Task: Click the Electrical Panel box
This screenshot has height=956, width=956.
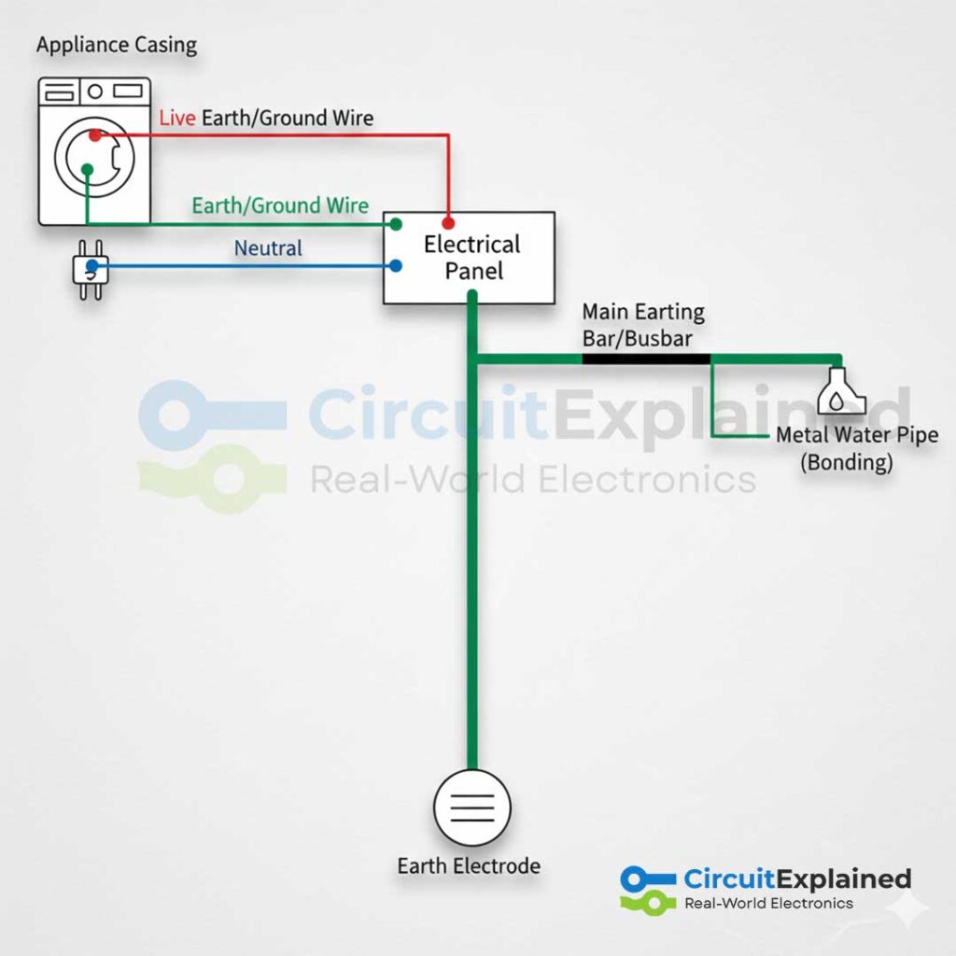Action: click(470, 258)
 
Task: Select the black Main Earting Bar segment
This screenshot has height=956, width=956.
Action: click(645, 358)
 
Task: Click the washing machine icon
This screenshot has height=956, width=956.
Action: click(94, 151)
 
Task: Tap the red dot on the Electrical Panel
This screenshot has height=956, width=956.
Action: click(448, 224)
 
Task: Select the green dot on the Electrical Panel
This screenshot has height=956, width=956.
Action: click(396, 224)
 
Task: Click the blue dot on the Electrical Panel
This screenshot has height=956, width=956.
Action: click(396, 266)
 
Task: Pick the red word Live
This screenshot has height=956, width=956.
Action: click(177, 119)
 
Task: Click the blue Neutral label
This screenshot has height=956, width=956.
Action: click(268, 248)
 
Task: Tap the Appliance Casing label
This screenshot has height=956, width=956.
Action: click(117, 45)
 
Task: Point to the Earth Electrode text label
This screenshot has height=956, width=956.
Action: click(469, 865)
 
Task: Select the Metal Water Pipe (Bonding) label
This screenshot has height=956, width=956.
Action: click(857, 448)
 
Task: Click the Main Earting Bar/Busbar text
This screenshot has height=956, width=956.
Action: click(643, 324)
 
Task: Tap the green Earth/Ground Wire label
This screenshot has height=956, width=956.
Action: click(280, 205)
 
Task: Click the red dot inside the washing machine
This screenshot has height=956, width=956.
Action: click(94, 135)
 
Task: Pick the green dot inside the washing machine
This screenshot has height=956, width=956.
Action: click(87, 169)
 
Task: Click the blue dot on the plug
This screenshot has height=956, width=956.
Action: click(91, 266)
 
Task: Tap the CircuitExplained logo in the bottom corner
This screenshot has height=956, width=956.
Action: click(766, 888)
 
